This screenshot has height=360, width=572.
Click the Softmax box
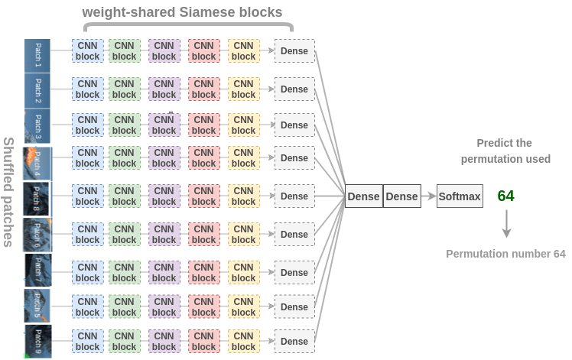click(x=460, y=196)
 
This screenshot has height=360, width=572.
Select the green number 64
click(x=505, y=196)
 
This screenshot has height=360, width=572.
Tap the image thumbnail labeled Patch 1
click(x=37, y=56)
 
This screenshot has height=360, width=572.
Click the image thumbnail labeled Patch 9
click(x=37, y=342)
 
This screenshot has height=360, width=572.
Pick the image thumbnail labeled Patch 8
click(x=37, y=199)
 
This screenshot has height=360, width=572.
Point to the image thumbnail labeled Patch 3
click(x=37, y=125)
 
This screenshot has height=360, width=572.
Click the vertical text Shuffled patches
click(x=9, y=192)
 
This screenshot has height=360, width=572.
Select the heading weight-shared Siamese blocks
click(x=182, y=12)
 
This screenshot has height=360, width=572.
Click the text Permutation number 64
click(x=505, y=254)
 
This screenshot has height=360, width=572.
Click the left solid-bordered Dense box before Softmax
click(x=363, y=196)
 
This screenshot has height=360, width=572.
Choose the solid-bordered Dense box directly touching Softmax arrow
click(x=401, y=196)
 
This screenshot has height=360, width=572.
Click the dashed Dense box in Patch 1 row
click(x=294, y=52)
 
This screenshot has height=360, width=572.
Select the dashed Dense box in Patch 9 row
click(x=294, y=342)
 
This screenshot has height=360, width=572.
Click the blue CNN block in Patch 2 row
click(x=87, y=89)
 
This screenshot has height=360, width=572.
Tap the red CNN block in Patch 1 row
click(x=203, y=51)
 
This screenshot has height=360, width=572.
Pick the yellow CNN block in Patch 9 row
click(x=243, y=342)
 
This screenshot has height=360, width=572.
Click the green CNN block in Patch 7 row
click(x=124, y=273)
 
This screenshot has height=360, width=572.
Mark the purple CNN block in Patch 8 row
click(x=164, y=196)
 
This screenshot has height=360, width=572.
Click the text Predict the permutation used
click(x=505, y=151)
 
